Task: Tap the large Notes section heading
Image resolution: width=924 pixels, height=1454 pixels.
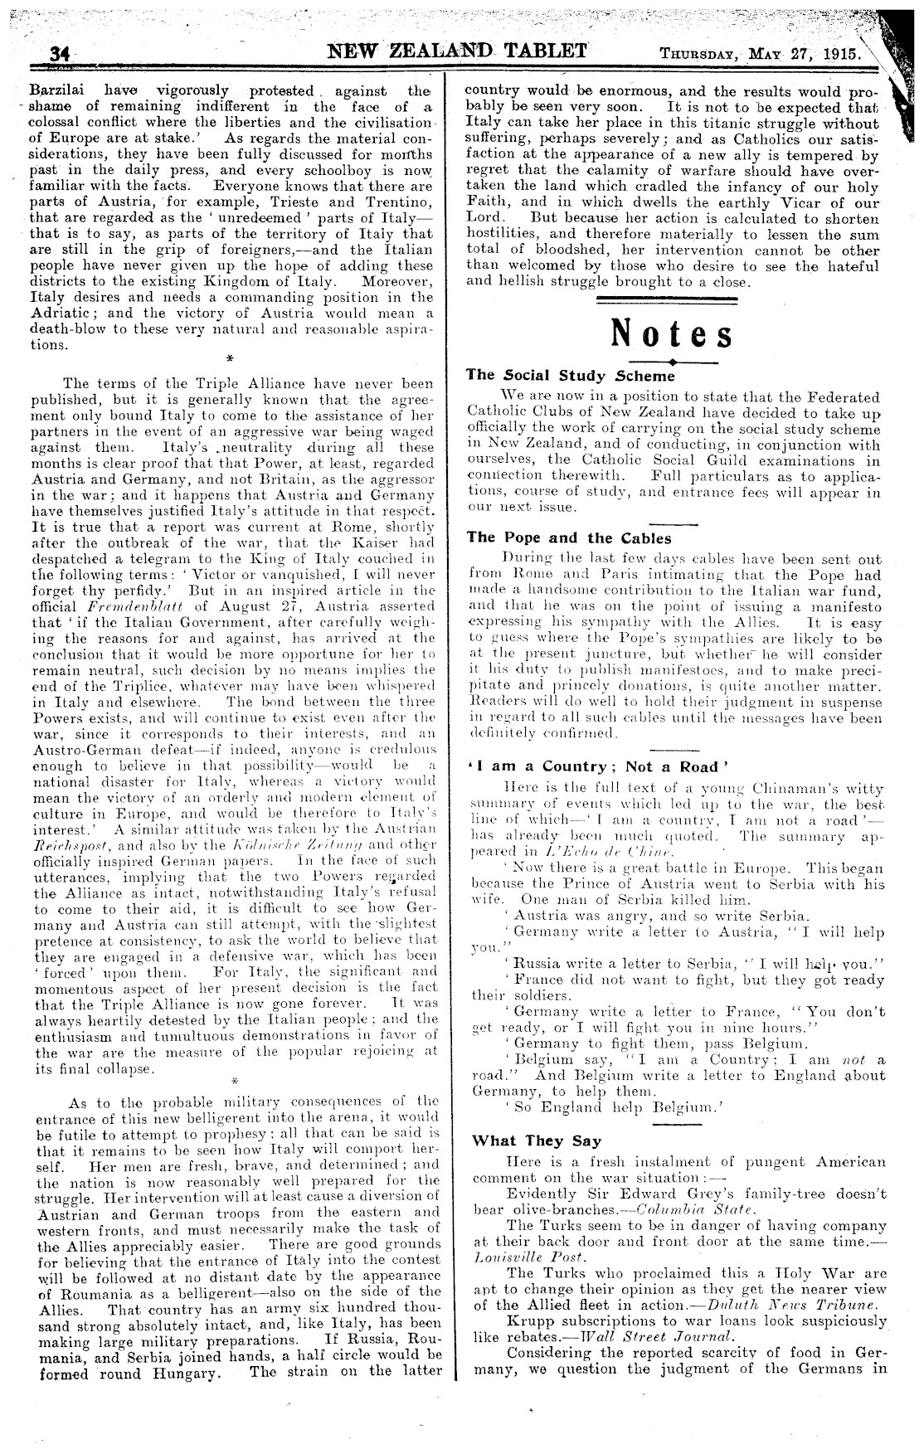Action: (672, 334)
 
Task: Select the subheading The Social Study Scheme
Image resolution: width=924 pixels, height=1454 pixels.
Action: (571, 375)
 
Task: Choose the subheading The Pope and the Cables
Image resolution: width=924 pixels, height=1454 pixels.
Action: (569, 537)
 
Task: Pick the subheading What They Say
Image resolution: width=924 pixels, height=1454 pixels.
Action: (525, 1140)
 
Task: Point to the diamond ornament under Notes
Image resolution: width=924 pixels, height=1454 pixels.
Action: (673, 362)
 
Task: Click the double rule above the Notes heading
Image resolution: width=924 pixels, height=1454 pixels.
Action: (672, 299)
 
